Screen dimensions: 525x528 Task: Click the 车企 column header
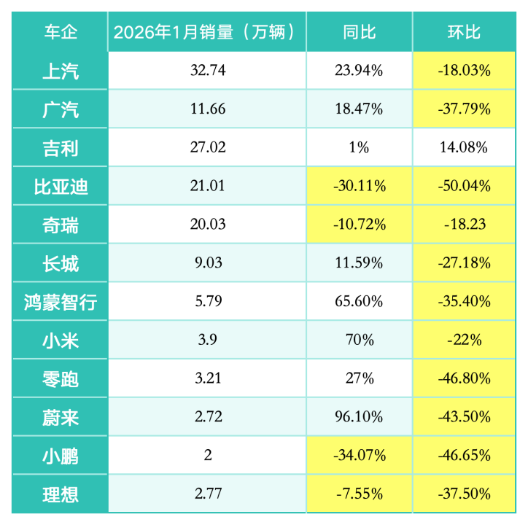click(x=61, y=32)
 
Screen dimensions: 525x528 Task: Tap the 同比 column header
click(x=359, y=32)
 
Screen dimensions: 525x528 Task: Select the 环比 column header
click(x=464, y=32)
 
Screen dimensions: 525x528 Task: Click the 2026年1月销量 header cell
click(x=207, y=32)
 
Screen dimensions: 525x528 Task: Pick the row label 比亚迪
click(x=61, y=186)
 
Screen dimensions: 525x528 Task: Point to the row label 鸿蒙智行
click(x=61, y=302)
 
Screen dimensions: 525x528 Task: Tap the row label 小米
click(x=61, y=341)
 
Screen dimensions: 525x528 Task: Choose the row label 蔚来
click(x=61, y=418)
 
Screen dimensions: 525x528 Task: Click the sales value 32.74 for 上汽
click(x=207, y=71)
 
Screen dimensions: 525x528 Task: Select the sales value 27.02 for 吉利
click(x=207, y=147)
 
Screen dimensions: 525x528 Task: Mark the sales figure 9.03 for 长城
click(x=207, y=263)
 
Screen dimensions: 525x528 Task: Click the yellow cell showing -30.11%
click(x=359, y=186)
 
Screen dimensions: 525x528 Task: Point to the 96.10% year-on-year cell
click(x=359, y=418)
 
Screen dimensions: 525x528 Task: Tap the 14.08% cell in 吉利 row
click(x=464, y=147)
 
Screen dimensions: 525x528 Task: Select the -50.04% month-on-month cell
click(x=464, y=186)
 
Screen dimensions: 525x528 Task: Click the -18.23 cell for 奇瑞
click(x=464, y=225)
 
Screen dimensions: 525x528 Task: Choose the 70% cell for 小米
click(x=359, y=341)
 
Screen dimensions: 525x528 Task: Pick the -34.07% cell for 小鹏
click(x=359, y=456)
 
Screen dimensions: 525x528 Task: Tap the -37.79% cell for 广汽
click(x=464, y=109)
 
